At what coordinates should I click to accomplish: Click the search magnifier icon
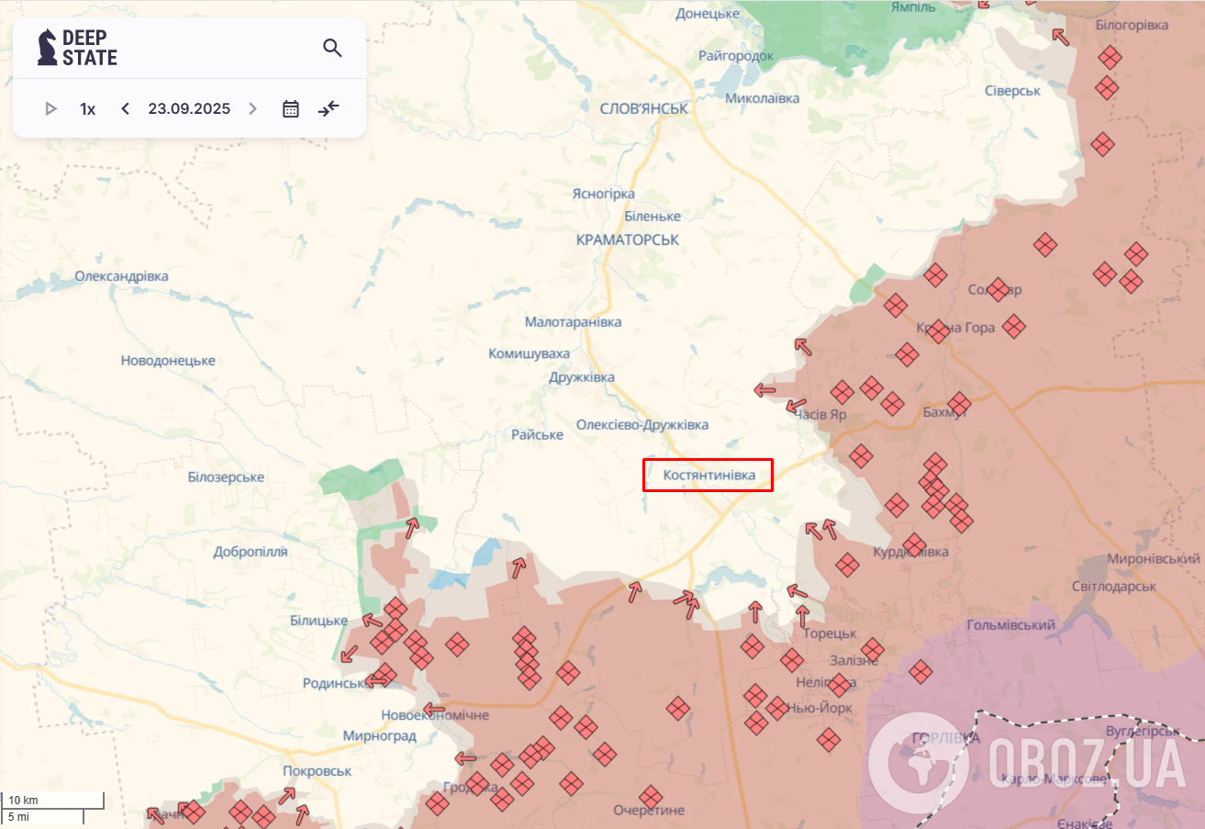tap(332, 48)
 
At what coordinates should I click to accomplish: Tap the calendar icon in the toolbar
tap(291, 108)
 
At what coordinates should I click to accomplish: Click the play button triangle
tap(50, 108)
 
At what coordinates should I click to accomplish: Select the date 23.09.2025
tap(189, 108)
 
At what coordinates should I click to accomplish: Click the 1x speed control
tap(88, 108)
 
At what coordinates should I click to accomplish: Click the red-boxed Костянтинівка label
tap(708, 476)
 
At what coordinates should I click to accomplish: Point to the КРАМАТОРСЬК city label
tap(628, 239)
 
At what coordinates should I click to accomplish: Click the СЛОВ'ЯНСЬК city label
tap(643, 108)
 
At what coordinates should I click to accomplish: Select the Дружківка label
tap(582, 377)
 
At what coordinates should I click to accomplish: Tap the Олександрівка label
tap(122, 276)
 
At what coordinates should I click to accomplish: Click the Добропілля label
tap(251, 552)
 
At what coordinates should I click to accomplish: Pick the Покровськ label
tap(318, 771)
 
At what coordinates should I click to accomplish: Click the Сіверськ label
tap(1012, 91)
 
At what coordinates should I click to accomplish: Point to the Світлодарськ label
tap(1114, 586)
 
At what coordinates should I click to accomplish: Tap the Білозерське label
tap(226, 477)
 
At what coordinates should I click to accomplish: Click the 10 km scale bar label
tap(24, 801)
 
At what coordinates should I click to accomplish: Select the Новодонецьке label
tap(168, 361)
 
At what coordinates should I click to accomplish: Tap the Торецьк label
tap(829, 633)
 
